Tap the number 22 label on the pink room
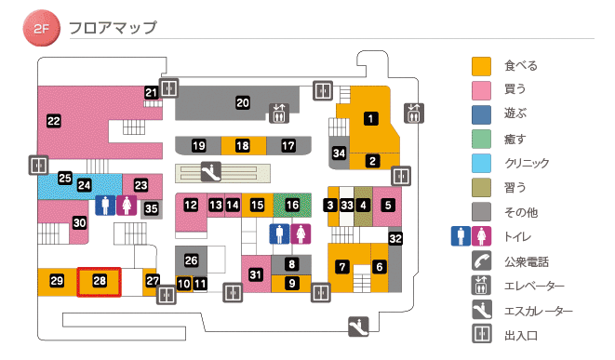point(54,120)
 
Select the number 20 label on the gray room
point(243,102)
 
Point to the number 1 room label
point(370,118)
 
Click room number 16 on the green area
point(292,204)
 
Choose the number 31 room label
point(256,273)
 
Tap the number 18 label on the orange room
point(242,146)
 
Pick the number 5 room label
point(388,204)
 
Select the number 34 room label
point(340,153)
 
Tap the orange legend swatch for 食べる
point(481,66)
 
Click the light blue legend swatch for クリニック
point(481,163)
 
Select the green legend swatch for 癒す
point(481,139)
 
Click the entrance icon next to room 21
point(168,88)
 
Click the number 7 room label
point(342,267)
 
